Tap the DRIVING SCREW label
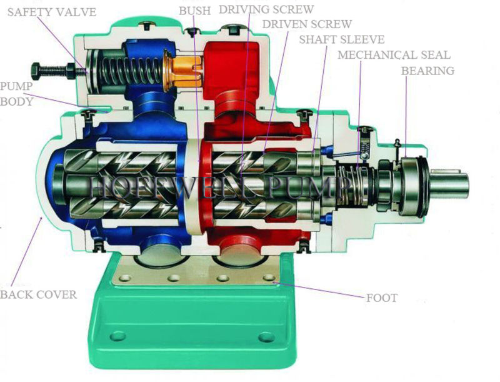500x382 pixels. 266,10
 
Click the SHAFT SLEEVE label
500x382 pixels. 341,39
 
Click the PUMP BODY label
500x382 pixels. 16,93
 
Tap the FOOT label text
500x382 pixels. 381,298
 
